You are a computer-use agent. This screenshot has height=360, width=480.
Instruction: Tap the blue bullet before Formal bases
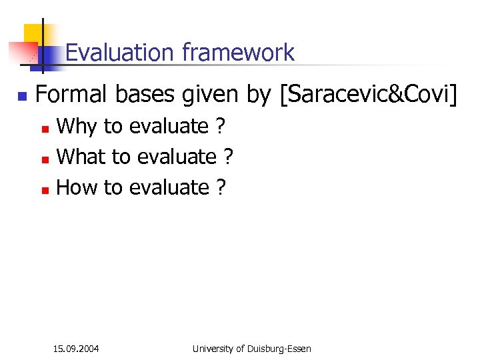tap(21, 97)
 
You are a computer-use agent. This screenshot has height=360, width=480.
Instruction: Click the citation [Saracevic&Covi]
tap(369, 96)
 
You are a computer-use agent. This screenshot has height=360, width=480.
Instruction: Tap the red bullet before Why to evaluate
tap(45, 127)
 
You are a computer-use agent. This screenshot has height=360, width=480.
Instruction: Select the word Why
tap(77, 126)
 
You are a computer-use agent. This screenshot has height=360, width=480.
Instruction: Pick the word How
tap(77, 187)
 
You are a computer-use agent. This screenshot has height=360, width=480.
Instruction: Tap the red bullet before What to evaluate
tap(45, 159)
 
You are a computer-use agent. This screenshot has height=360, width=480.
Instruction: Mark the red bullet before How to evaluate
tap(45, 189)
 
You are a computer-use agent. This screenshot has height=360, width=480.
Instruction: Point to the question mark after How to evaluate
tap(221, 187)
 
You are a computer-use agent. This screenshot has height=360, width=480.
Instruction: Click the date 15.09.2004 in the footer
tap(76, 349)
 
